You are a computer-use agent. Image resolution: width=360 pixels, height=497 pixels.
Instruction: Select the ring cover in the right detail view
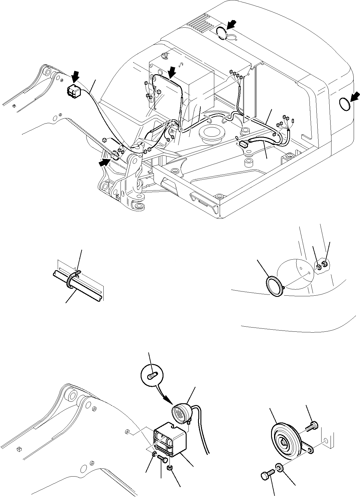(x=274, y=287)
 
